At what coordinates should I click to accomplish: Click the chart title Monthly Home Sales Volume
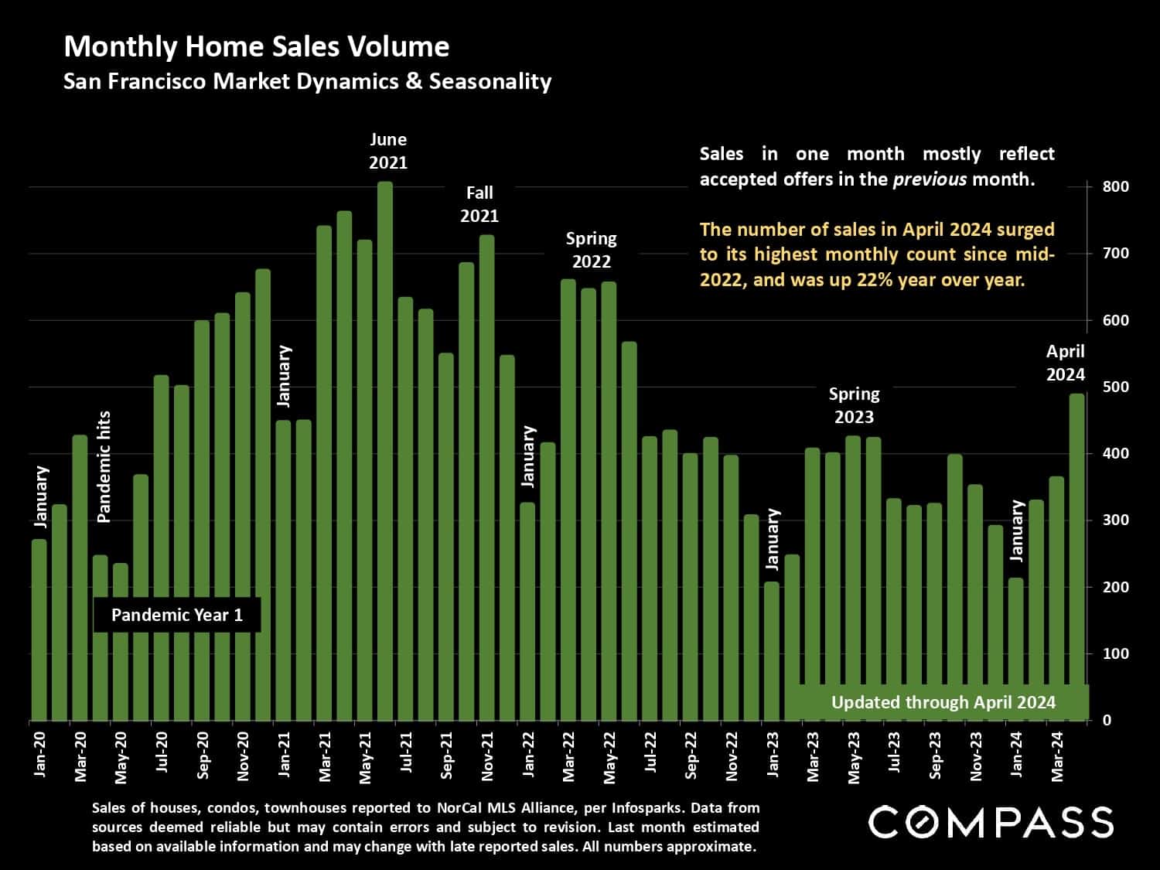coord(256,47)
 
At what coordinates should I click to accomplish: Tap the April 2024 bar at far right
coord(1076,557)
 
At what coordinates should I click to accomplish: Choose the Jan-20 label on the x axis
coord(40,754)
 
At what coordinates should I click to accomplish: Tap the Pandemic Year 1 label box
coord(177,616)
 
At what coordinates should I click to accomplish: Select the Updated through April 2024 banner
coord(943,702)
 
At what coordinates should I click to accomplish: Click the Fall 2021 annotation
coord(479,204)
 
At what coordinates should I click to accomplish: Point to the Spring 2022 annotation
coord(592,250)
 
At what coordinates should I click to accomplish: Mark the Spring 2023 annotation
coord(854,405)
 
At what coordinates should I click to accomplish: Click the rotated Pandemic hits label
coord(104,466)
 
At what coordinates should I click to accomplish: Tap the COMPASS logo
coord(991,821)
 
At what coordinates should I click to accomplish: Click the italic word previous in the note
coord(930,179)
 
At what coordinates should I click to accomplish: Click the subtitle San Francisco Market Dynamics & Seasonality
coord(307,82)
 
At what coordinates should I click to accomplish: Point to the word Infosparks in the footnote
coord(647,808)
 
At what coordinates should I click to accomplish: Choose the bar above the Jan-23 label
coord(772,651)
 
